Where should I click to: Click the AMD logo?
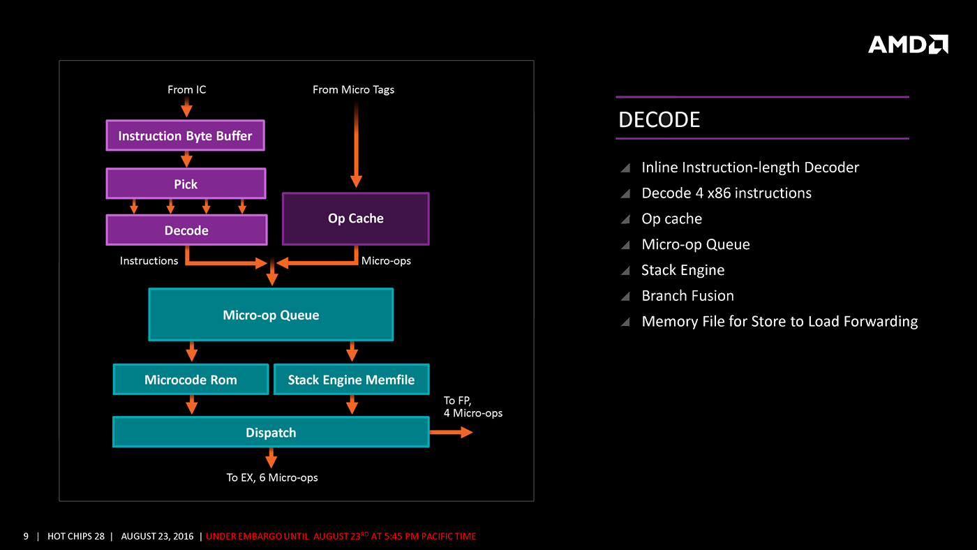click(x=908, y=45)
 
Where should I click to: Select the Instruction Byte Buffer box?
click(x=185, y=135)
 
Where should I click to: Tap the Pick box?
click(x=186, y=184)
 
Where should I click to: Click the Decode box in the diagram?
click(x=186, y=230)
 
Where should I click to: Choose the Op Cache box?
click(x=356, y=218)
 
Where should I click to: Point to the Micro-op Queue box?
click(x=271, y=315)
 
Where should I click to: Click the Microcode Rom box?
click(x=191, y=380)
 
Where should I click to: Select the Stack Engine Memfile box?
click(x=351, y=380)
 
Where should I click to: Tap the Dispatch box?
click(x=271, y=432)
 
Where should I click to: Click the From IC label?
click(x=186, y=89)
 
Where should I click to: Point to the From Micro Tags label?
click(x=353, y=89)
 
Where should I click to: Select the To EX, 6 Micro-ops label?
click(x=272, y=477)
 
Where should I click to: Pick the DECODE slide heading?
click(x=659, y=120)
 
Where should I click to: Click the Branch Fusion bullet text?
click(x=687, y=296)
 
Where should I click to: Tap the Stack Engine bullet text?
click(x=683, y=270)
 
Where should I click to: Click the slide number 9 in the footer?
click(x=26, y=536)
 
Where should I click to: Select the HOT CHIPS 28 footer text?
click(x=76, y=536)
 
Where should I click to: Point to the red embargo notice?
click(x=341, y=536)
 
